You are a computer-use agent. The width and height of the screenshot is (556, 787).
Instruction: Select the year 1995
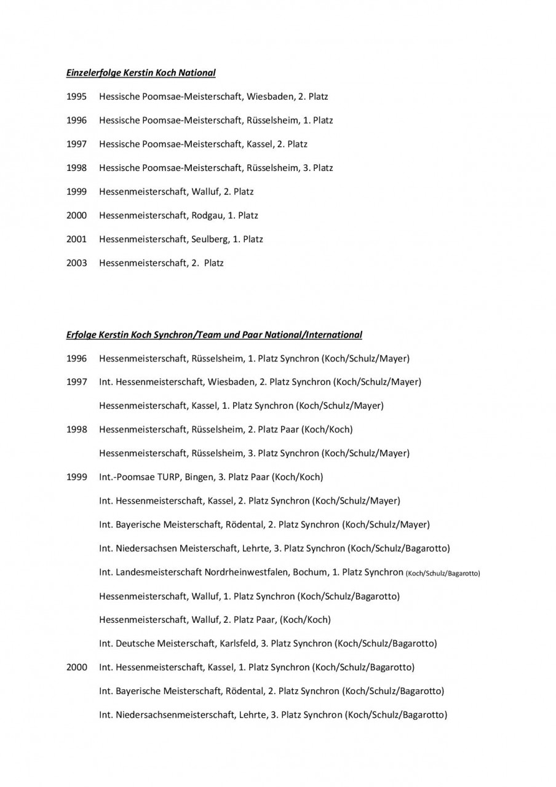[76, 97]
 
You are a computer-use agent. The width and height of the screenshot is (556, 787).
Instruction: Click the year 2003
[76, 263]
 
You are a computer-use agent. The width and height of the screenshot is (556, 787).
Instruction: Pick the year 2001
[76, 239]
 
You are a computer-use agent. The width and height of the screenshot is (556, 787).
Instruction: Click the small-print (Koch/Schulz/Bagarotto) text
[443, 573]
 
